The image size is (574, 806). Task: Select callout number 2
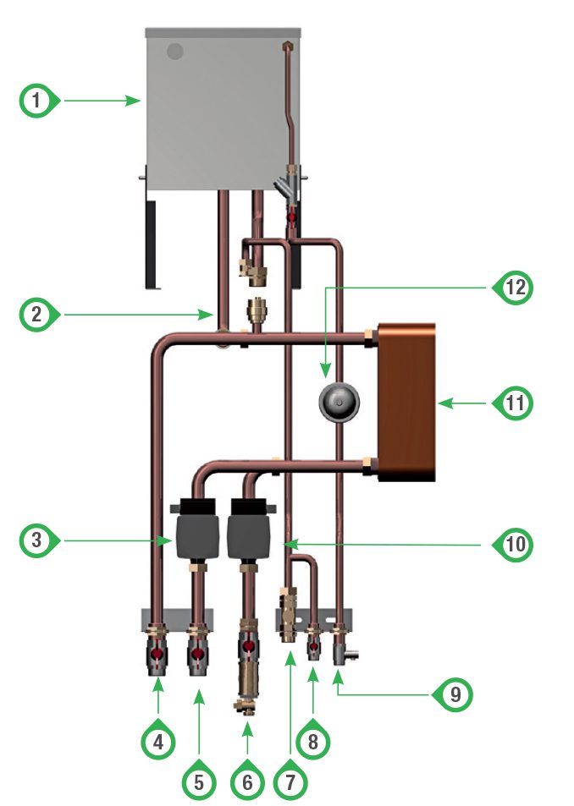pos(35,316)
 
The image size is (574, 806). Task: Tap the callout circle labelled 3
pos(35,540)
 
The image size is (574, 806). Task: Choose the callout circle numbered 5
pos(199,781)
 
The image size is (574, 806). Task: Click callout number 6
pos(247,781)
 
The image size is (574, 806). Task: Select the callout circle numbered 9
pos(453,694)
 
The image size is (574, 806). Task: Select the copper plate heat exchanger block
pos(405,402)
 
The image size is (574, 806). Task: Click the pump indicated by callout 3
pos(194,533)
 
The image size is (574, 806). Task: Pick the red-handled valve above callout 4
pos(158,655)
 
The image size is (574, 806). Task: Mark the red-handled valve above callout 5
pos(199,655)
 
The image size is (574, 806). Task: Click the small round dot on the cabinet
pos(174,51)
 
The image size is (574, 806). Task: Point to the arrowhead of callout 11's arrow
pos(441,404)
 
